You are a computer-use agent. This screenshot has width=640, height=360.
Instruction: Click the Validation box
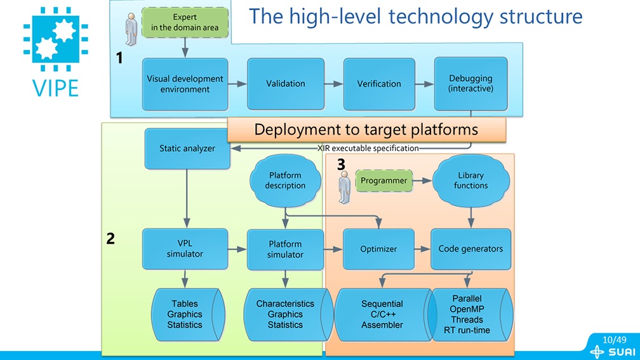(285, 84)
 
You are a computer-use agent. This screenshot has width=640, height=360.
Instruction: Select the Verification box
(379, 84)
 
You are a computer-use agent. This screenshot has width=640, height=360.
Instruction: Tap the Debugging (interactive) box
(470, 84)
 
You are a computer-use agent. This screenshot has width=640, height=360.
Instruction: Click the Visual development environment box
(185, 84)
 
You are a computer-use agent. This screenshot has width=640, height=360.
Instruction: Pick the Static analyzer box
(187, 149)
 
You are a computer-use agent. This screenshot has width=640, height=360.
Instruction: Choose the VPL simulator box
(185, 249)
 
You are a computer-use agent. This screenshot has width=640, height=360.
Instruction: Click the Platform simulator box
(285, 249)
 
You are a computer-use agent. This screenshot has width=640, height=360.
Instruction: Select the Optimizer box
(378, 249)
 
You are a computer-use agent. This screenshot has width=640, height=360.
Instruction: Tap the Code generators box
(470, 249)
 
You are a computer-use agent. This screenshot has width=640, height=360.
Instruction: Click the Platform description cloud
(285, 180)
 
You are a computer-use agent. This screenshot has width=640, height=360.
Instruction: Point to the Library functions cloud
(470, 180)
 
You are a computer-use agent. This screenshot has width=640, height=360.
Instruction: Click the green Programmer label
(383, 181)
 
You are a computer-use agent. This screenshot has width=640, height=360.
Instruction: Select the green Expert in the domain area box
(185, 22)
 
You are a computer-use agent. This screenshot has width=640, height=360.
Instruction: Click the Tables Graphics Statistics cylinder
(185, 314)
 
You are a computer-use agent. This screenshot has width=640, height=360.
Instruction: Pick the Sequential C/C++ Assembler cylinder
(382, 314)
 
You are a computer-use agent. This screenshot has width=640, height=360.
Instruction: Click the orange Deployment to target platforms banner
(366, 130)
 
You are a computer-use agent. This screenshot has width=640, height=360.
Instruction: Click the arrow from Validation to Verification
(334, 84)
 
